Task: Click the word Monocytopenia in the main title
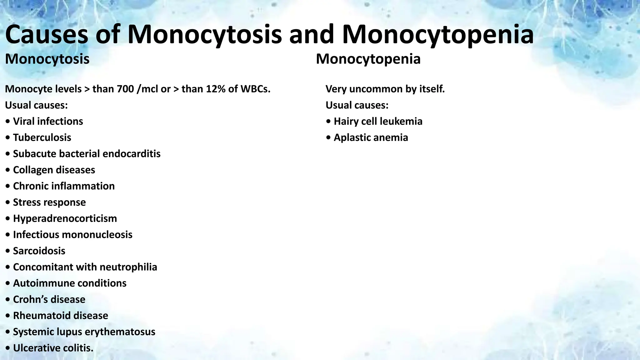437,35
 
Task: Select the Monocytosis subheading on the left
47,59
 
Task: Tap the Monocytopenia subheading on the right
368,59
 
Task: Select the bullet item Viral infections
48,121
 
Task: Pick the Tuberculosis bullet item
42,137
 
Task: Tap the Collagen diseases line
54,170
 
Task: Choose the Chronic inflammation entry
64,186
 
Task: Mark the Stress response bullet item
49,202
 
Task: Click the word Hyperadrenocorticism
65,218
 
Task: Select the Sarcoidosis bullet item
39,251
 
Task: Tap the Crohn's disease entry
49,299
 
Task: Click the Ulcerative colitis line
53,348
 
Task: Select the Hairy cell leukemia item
378,121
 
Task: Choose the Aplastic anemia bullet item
371,137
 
